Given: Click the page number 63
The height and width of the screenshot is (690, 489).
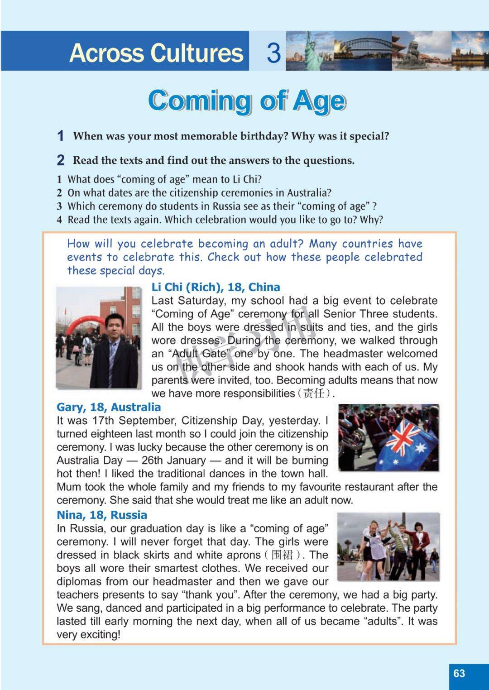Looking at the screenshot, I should [x=459, y=673].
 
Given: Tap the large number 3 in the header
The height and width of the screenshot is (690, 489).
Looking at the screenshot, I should [x=273, y=52].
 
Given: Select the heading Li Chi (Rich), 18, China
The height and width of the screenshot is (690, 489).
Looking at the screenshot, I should [x=216, y=287].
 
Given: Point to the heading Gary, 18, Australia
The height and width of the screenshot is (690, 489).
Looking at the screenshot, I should [x=109, y=407].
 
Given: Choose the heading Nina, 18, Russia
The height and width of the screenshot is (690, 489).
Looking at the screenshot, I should [x=102, y=515].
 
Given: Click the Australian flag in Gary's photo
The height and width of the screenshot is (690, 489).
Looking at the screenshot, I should [x=407, y=444].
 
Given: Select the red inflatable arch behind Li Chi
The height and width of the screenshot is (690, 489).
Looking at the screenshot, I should [x=84, y=324].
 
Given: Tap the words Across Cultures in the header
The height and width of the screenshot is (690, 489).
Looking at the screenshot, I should [x=156, y=53].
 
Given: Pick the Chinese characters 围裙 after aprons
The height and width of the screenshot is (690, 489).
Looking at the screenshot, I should [x=282, y=555].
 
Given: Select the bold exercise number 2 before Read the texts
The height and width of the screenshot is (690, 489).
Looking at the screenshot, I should [x=61, y=160].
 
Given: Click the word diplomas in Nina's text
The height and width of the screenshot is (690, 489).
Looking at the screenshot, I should [x=79, y=581].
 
